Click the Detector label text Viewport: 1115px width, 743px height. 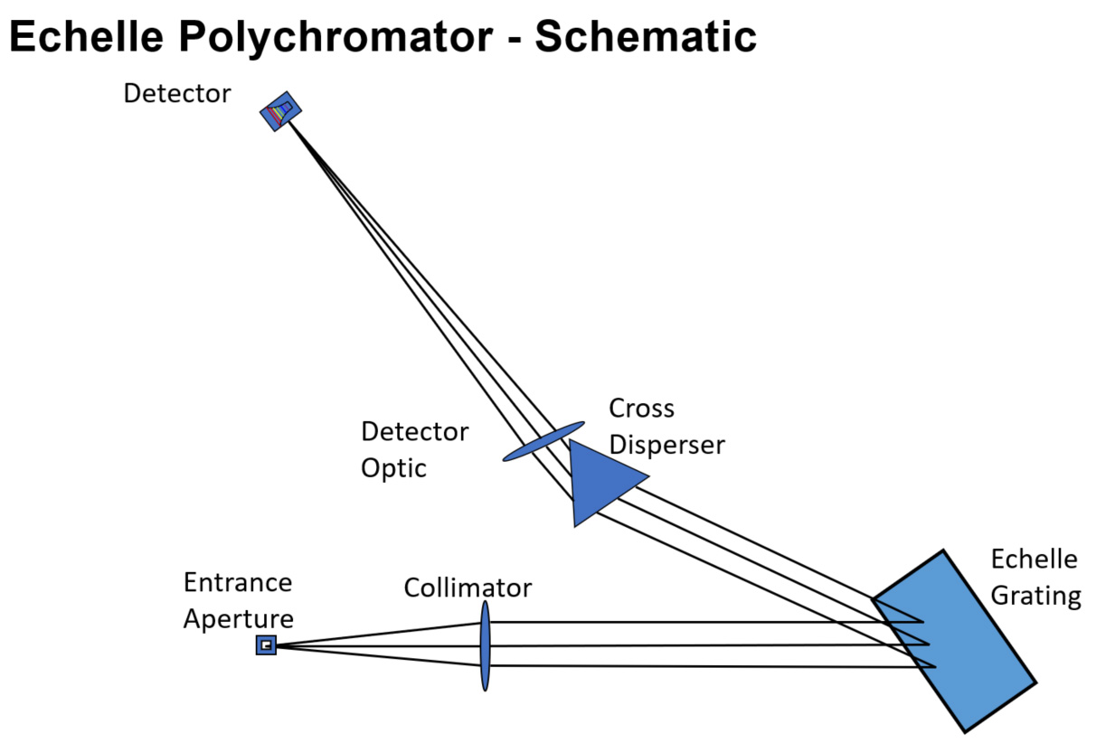(177, 93)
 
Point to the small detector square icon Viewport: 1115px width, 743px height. (280, 111)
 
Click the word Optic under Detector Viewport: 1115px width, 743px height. (393, 468)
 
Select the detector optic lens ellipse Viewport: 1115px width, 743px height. (543, 440)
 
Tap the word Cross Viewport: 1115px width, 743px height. (641, 409)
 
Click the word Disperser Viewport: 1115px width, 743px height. (666, 446)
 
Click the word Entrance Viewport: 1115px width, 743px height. (238, 582)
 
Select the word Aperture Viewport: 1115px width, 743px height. (238, 619)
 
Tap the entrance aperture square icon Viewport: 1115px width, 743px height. (266, 644)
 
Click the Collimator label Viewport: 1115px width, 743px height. (468, 588)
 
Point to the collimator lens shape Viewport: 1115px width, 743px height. (486, 645)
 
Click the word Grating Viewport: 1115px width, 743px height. (1035, 597)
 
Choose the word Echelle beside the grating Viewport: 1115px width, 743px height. (1034, 560)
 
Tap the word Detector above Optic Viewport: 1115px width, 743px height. (414, 432)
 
